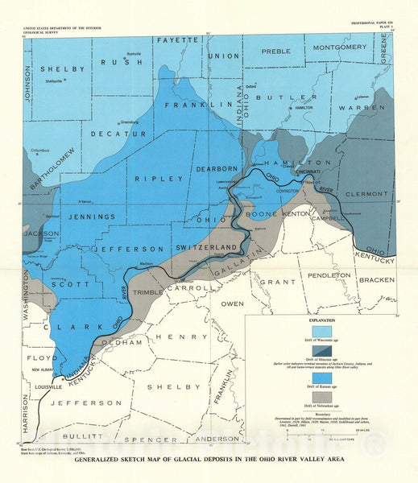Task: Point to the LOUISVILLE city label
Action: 49,386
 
